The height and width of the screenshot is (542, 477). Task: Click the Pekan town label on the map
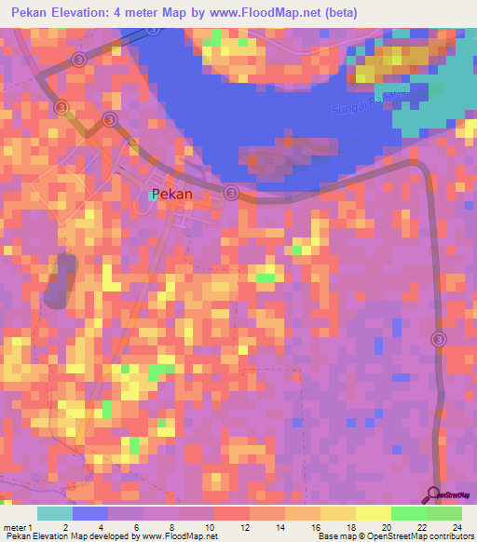coord(172,196)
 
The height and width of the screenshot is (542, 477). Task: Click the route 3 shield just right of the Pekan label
coord(232,193)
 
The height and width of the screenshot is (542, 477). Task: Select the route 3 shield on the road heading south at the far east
coord(439,340)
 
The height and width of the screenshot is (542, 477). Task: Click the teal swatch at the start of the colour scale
coord(55,513)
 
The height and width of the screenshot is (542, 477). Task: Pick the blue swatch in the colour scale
coord(90,513)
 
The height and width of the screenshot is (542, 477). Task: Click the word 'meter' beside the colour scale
coord(16,527)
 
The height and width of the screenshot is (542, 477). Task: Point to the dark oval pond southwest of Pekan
coord(61,278)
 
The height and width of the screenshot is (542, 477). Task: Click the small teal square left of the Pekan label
coord(152,195)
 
